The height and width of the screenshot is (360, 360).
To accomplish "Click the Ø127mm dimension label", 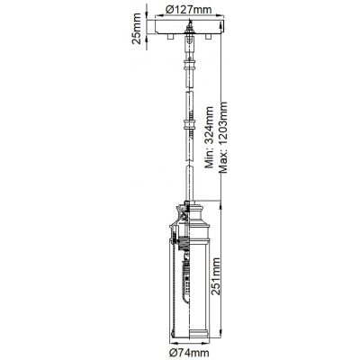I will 189,9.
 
